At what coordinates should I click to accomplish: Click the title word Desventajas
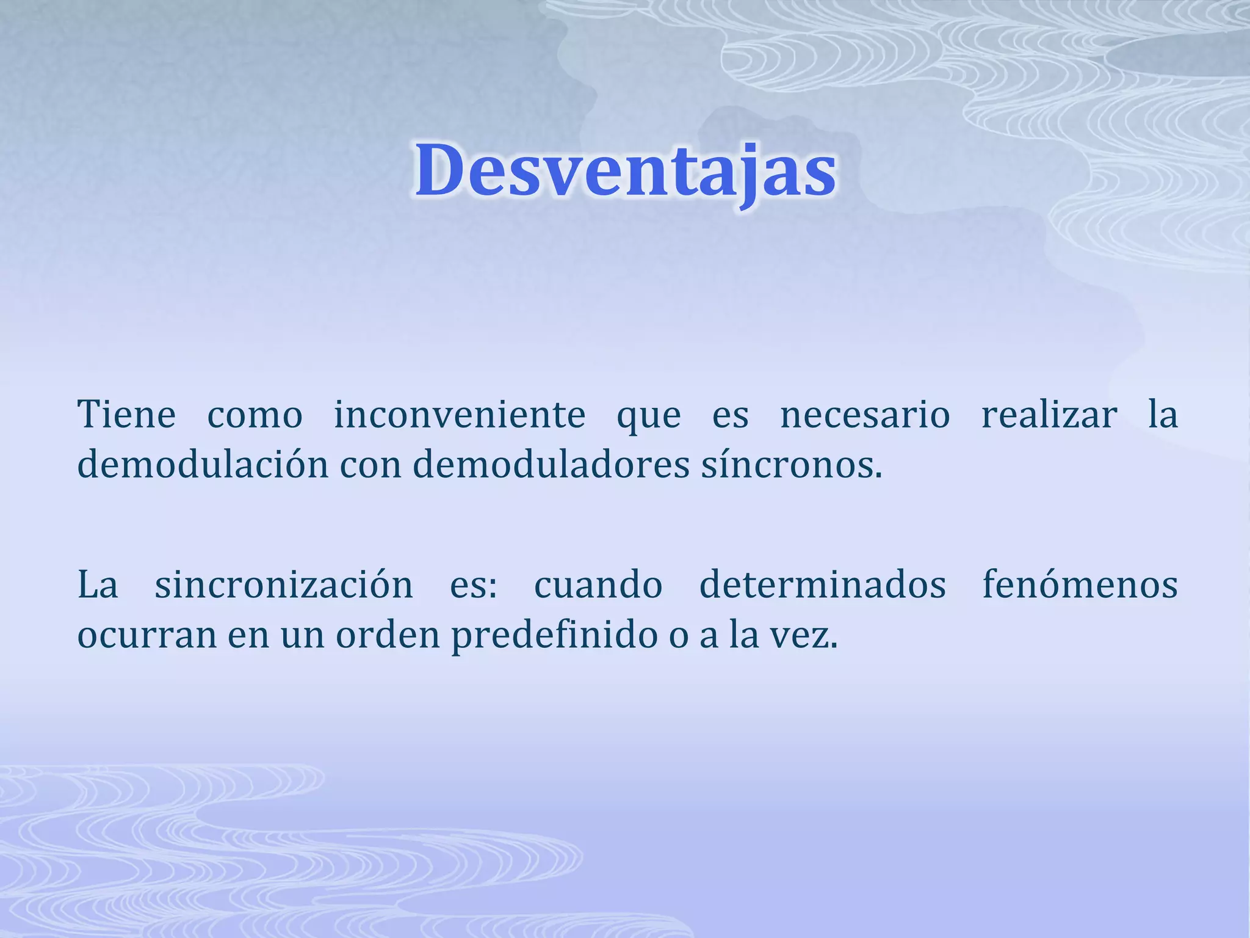(626, 171)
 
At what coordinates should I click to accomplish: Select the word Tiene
(126, 415)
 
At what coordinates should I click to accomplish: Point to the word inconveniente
(459, 415)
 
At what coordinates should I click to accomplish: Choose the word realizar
(1049, 415)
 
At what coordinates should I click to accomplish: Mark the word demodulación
(203, 465)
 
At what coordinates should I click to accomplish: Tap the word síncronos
(791, 465)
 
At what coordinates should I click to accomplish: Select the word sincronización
(284, 585)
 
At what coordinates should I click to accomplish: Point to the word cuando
(598, 585)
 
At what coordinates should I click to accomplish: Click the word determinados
(822, 585)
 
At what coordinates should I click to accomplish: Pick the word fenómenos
(1080, 585)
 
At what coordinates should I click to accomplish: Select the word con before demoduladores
(370, 466)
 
